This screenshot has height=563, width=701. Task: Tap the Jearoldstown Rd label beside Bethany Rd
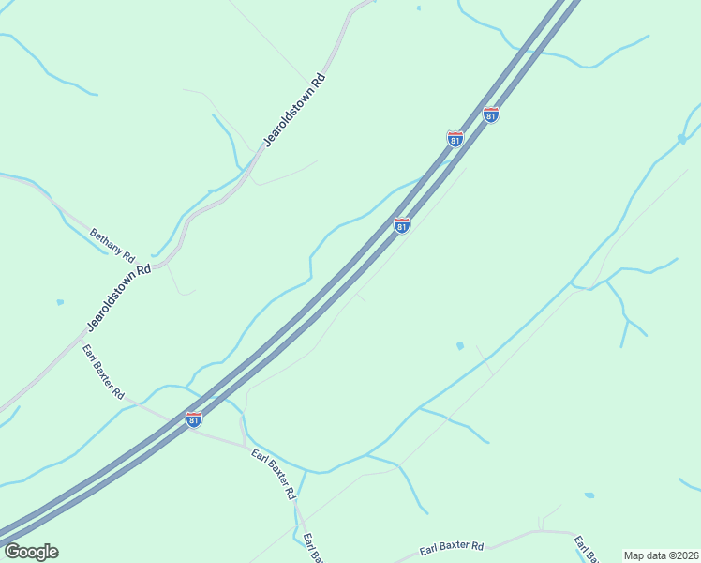(119, 297)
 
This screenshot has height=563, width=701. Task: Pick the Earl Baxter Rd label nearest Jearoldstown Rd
(103, 373)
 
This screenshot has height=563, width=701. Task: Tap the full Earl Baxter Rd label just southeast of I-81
(274, 473)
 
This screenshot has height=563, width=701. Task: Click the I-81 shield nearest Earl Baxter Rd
(193, 419)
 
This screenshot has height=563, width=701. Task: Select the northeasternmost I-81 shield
(491, 114)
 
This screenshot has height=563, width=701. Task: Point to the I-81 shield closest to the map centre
(401, 226)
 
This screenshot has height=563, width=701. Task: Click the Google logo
(31, 552)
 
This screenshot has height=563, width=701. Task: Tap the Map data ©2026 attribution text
(660, 555)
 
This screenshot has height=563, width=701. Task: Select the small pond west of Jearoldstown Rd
(60, 302)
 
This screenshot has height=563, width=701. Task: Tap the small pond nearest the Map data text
(589, 495)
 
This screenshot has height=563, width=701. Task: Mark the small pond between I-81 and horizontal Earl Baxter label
(459, 346)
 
